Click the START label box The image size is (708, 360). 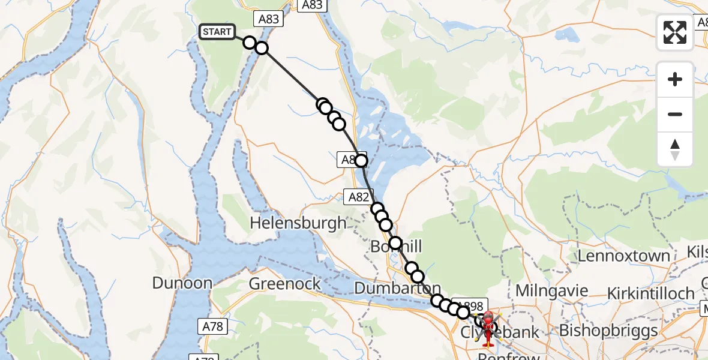tap(217, 32)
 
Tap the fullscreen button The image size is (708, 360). tap(675, 32)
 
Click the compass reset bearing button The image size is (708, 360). tap(675, 150)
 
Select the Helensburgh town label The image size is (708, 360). tap(298, 223)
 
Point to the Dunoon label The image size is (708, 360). tap(182, 283)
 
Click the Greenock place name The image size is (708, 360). tap(285, 283)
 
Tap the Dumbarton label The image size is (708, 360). tap(397, 288)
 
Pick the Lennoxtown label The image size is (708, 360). tap(623, 256)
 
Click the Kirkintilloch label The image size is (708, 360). tap(650, 293)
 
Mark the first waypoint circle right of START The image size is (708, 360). tap(250, 42)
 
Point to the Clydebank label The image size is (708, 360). tap(499, 332)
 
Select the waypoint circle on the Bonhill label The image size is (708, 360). tap(395, 243)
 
